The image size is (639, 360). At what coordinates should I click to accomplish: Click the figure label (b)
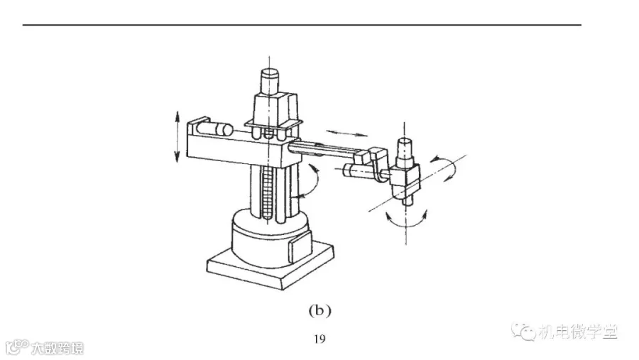[x=320, y=311]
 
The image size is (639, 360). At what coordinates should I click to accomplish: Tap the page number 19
[x=320, y=339]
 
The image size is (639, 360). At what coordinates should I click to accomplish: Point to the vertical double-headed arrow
[x=177, y=136]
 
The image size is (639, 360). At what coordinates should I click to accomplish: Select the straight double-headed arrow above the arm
[x=346, y=133]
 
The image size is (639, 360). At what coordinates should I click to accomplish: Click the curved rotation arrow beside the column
[x=315, y=182]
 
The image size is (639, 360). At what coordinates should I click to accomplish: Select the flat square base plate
[x=271, y=265]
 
